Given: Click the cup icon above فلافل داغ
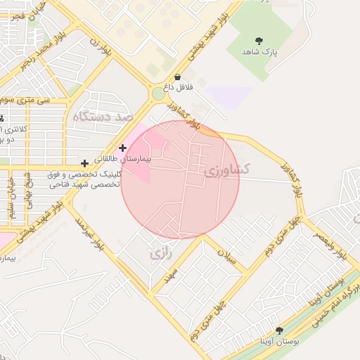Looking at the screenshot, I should click(177, 77).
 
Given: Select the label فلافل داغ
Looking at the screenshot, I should click(178, 89).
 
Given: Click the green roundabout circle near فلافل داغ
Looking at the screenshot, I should click(157, 94).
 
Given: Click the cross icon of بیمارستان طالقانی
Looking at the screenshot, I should click(123, 148).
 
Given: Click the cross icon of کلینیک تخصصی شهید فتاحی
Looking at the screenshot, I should click(84, 163).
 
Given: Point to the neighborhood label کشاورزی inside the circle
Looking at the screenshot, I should click(227, 169).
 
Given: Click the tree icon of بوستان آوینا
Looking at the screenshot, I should click(279, 330).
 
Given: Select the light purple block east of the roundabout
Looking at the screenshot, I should click(229, 96).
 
